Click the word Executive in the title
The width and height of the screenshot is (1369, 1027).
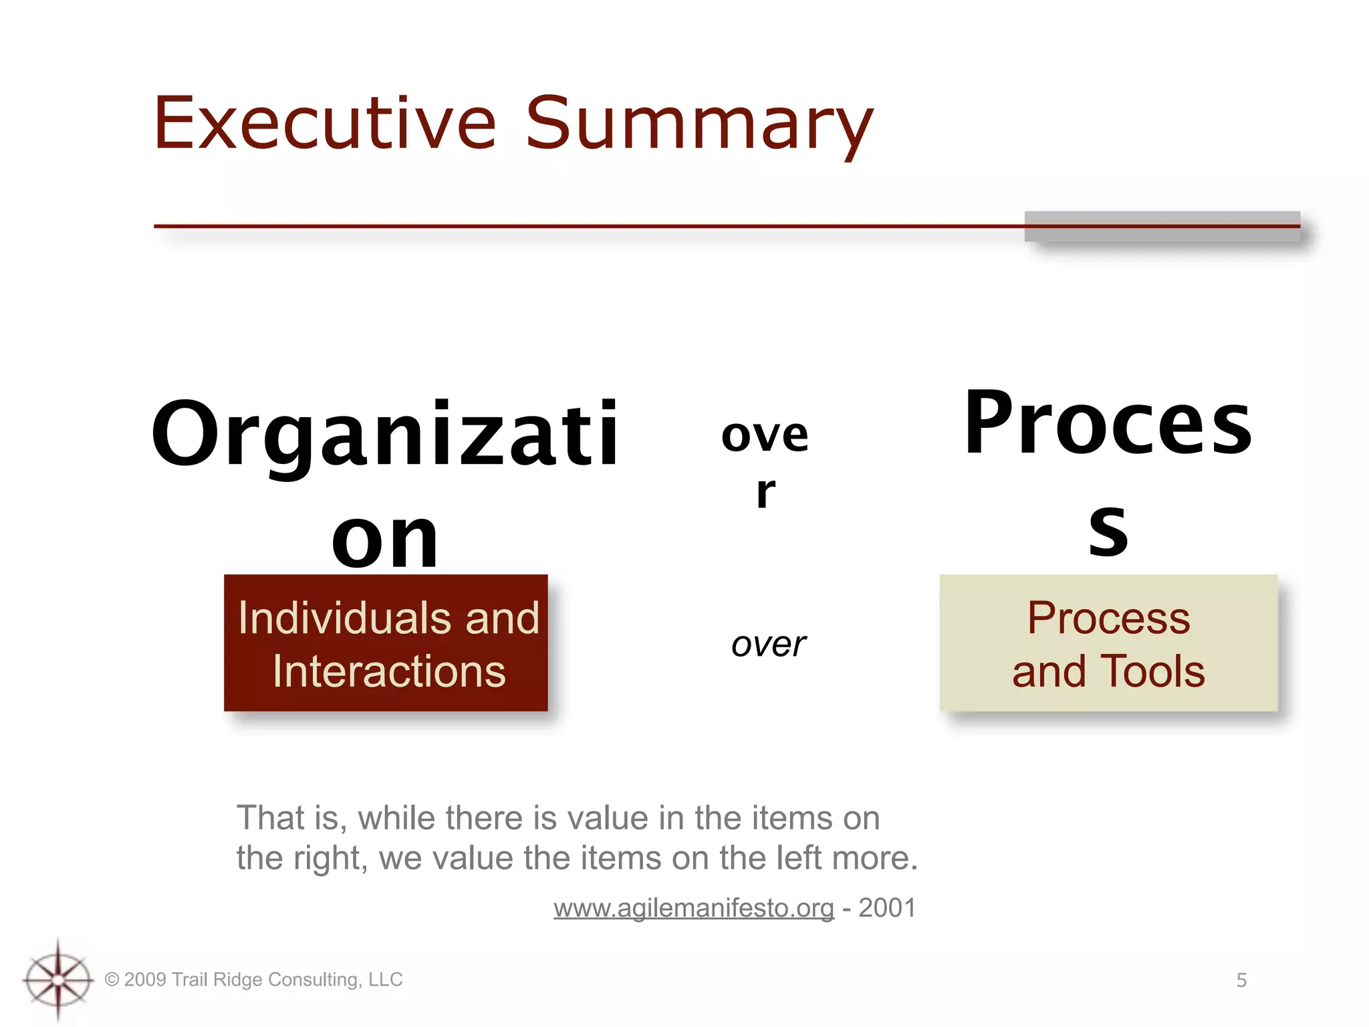(x=325, y=124)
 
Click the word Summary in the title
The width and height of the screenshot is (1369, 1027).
(x=699, y=126)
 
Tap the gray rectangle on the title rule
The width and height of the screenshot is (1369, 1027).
(x=1162, y=227)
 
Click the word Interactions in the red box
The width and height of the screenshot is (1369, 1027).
(x=389, y=671)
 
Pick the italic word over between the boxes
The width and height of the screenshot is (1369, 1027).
(x=769, y=645)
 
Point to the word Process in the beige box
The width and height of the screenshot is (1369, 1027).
(x=1108, y=618)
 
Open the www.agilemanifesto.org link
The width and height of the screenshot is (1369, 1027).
(x=693, y=908)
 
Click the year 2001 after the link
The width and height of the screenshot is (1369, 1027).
(x=887, y=908)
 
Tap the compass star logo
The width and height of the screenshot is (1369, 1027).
(x=58, y=980)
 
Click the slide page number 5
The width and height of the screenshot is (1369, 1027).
(x=1241, y=980)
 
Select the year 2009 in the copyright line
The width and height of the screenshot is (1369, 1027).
(x=145, y=980)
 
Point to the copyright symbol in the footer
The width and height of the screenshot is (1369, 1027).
(x=112, y=980)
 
